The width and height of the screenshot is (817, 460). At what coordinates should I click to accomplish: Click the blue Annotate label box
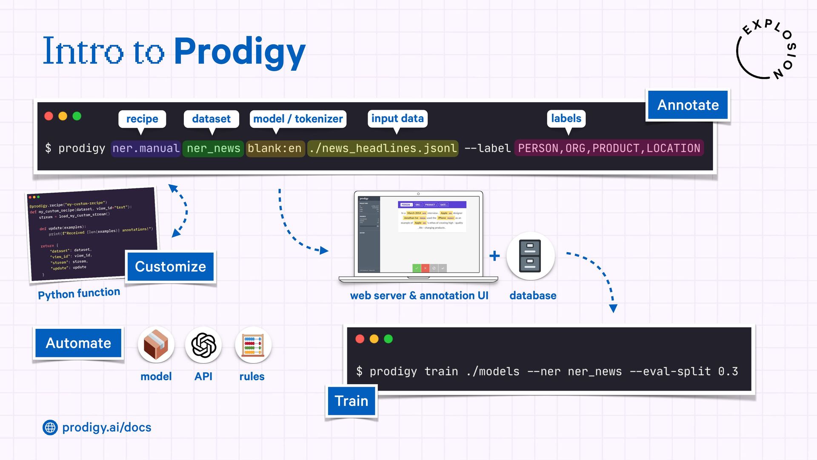coord(688,105)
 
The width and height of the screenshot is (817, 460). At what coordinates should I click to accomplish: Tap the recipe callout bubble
coord(142,119)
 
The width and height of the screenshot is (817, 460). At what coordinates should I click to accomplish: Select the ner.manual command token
coord(146,148)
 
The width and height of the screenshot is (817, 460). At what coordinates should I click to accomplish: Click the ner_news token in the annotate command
coord(213,148)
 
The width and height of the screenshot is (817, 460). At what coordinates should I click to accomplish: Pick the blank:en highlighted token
coord(275,148)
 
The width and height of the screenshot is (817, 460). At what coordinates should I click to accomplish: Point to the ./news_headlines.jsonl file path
coord(383,148)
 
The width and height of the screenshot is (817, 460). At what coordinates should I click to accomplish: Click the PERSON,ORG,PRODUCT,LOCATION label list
coord(609,148)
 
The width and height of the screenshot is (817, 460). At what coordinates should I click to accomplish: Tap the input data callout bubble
coord(397,118)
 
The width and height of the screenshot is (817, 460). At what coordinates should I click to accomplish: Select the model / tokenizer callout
coord(298,119)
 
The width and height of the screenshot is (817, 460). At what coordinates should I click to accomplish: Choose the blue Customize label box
coord(170,267)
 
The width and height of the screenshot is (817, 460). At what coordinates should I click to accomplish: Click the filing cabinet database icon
coord(530,256)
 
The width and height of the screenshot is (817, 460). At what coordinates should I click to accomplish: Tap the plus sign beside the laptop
coord(494,256)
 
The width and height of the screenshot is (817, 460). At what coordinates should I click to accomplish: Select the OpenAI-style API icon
coord(203,345)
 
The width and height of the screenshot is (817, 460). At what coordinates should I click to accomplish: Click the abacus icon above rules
coord(253,345)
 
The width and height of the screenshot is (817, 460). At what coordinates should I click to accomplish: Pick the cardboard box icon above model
coord(156,345)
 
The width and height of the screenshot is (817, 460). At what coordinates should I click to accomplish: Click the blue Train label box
coord(351,401)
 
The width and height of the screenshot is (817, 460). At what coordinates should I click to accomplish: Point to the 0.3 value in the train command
coord(728,371)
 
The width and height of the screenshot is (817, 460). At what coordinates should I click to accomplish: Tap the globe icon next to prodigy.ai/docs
coord(50,427)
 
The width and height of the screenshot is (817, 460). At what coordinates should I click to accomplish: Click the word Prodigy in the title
coord(240,52)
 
